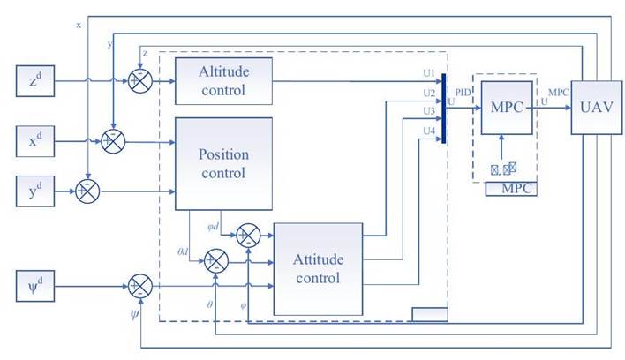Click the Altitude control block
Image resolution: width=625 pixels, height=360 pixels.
coord(223,79)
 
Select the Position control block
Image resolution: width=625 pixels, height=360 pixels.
coord(224,163)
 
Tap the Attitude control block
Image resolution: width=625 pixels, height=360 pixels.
coord(318,268)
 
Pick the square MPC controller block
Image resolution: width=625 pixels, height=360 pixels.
coord(507,107)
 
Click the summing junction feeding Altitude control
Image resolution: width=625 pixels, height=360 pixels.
coord(139,80)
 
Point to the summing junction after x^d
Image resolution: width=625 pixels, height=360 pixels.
coord(112,139)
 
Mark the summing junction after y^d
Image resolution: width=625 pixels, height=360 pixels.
coord(87,190)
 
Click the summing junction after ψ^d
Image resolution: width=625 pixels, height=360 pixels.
coord(139,287)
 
